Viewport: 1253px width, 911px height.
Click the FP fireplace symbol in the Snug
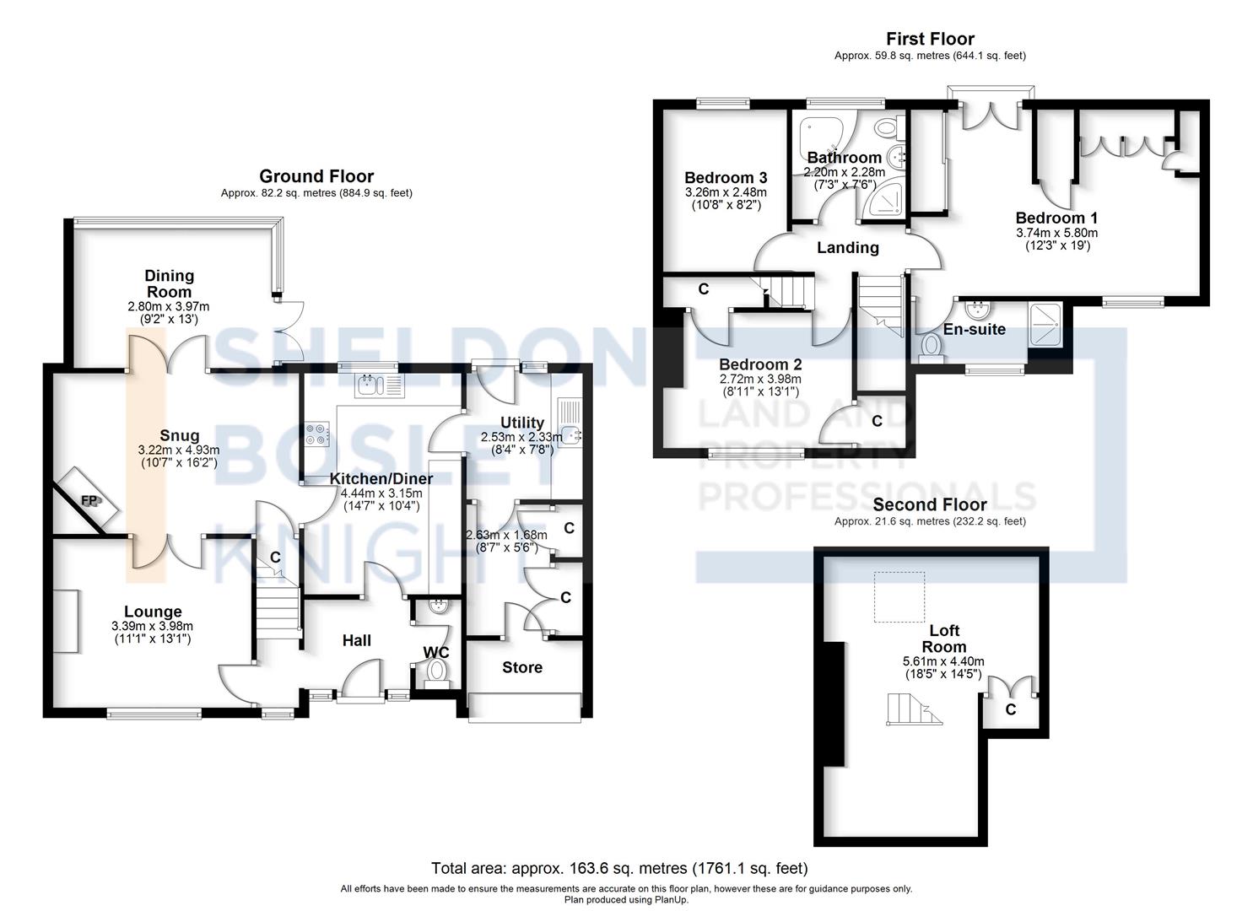click(x=89, y=501)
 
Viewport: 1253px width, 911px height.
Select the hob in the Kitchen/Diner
click(x=318, y=434)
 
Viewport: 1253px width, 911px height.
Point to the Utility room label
click(x=522, y=423)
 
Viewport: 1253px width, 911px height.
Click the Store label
click(x=522, y=667)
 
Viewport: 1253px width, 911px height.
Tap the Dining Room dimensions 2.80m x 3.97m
click(x=169, y=306)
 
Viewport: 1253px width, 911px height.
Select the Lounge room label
click(x=153, y=612)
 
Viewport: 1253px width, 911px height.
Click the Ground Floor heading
click(x=316, y=175)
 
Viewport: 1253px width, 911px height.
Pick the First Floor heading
click(x=930, y=38)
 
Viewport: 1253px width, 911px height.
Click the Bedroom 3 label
click(x=726, y=177)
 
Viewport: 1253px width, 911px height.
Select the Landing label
click(x=848, y=247)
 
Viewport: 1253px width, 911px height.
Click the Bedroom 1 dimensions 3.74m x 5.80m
click(x=1056, y=233)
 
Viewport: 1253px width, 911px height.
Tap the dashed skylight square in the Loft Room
click(x=899, y=596)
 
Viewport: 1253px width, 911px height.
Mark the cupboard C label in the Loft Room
click(x=1011, y=709)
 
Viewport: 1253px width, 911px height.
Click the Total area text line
click(x=619, y=868)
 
